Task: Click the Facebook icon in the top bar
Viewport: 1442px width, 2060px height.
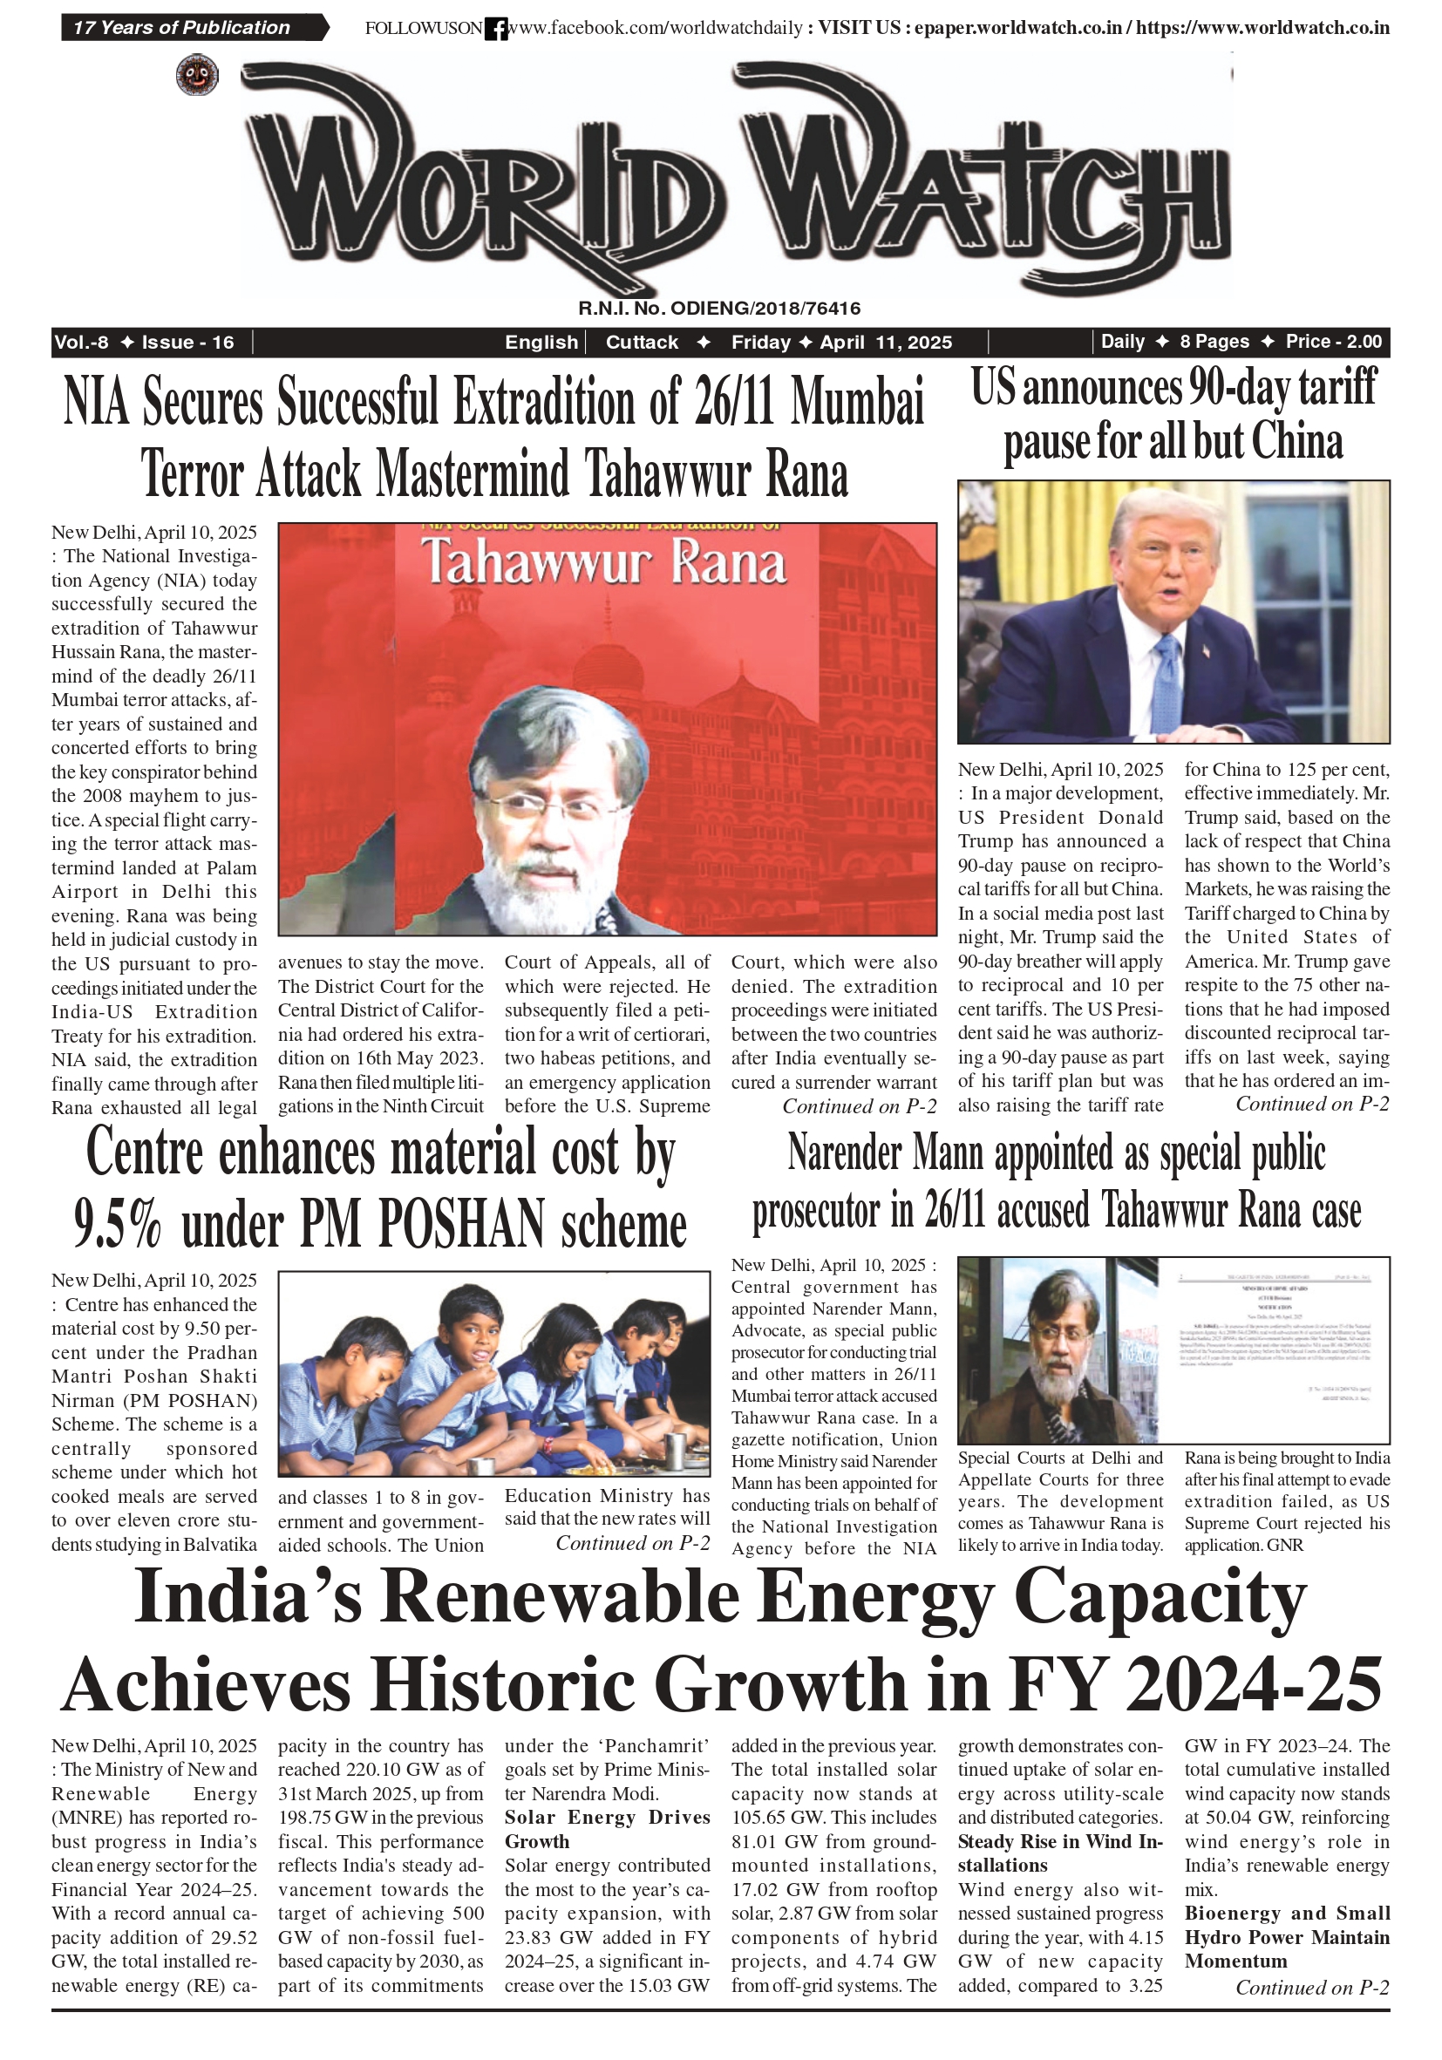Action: click(495, 29)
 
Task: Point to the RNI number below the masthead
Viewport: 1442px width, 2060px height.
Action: click(718, 309)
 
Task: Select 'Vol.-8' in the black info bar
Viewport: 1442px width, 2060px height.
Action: click(82, 342)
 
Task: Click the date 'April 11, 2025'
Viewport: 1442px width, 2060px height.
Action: click(886, 342)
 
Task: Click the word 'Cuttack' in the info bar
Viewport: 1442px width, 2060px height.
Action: click(642, 342)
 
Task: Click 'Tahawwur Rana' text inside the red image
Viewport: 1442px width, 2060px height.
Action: click(604, 562)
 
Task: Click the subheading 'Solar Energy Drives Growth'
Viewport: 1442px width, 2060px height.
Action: click(607, 1828)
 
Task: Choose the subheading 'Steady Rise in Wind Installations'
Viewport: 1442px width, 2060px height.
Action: click(1060, 1853)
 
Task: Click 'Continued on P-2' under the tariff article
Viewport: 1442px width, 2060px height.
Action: click(1312, 1105)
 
